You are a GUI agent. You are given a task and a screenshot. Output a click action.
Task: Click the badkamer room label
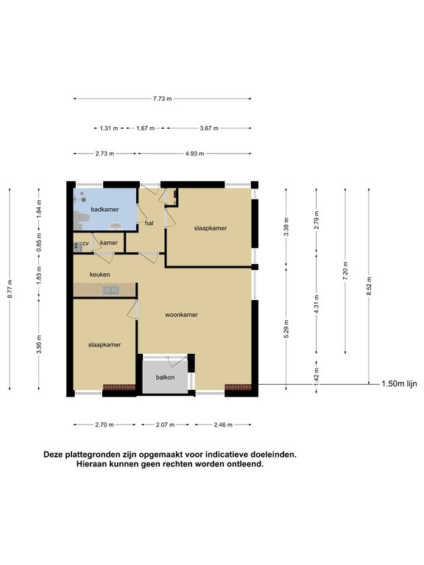(105, 210)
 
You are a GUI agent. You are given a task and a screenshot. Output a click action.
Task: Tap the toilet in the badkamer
(82, 218)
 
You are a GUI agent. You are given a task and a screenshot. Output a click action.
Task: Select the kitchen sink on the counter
(110, 290)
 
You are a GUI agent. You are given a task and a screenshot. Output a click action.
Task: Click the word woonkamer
(181, 315)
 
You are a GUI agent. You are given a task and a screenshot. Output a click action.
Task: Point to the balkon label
(165, 377)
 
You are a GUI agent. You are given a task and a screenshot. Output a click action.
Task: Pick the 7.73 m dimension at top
(162, 99)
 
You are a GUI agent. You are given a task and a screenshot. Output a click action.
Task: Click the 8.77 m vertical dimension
(10, 288)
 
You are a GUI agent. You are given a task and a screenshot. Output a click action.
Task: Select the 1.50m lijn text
(399, 384)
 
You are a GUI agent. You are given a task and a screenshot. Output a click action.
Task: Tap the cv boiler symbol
(77, 246)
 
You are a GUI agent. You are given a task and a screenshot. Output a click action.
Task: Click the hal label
(149, 223)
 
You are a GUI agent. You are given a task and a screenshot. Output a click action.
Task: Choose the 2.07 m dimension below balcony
(165, 424)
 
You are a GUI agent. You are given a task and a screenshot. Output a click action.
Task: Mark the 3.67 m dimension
(209, 128)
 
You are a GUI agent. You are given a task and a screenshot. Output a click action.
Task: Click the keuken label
(100, 274)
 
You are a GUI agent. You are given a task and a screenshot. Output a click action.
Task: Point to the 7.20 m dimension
(345, 271)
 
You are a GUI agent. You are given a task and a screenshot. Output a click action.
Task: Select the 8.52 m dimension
(369, 286)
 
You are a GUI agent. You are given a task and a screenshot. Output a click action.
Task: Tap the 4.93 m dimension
(194, 154)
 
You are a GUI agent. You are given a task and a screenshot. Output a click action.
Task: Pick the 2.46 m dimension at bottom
(223, 424)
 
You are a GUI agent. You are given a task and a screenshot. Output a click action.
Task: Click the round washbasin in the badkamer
(116, 227)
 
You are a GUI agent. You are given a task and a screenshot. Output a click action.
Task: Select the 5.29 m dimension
(286, 329)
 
